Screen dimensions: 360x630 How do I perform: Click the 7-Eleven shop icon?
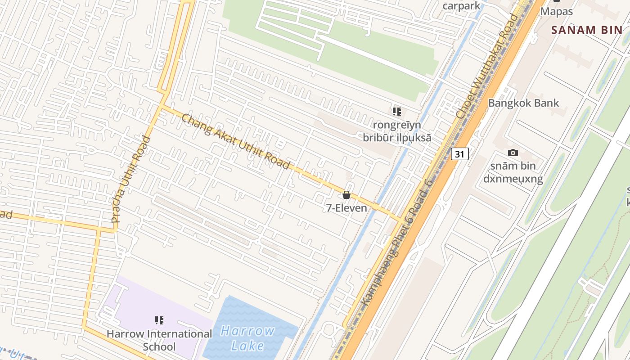coord(346,195)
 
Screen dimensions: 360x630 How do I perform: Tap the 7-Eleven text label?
coord(346,208)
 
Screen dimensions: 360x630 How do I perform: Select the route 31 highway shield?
coord(459,154)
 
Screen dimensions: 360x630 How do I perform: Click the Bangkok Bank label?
coord(523,103)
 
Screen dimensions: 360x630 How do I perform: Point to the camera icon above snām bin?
coord(513,153)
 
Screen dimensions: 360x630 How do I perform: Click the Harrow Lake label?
coord(248,338)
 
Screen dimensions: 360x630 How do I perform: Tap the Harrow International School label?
coord(159,340)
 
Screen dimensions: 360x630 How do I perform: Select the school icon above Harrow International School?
coord(159,320)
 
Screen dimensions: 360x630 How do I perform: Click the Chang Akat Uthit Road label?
coord(236,141)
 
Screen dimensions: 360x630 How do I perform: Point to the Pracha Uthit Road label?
coord(131,179)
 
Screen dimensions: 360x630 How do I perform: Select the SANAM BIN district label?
coord(586,30)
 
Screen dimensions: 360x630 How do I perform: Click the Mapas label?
coord(557,11)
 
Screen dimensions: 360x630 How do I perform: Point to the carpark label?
coord(461,6)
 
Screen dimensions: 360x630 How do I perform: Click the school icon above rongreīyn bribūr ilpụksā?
coord(396,111)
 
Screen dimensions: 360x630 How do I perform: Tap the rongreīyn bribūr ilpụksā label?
coord(397,131)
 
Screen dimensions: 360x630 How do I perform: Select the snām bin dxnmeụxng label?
coord(513,172)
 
